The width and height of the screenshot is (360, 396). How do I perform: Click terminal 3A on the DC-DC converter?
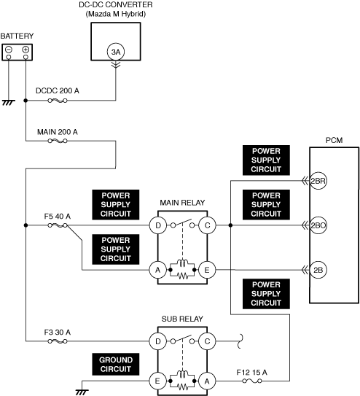coord(116,52)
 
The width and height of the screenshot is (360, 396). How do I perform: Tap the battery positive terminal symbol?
coord(26,50)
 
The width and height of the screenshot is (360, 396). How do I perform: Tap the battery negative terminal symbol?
coord(9,50)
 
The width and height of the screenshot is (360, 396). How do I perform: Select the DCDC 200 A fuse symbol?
coord(58,101)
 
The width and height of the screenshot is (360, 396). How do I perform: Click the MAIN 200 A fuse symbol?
coord(58,141)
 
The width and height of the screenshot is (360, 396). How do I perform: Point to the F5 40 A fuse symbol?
coord(58,225)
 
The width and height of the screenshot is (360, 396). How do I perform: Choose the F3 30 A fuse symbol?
coord(58,341)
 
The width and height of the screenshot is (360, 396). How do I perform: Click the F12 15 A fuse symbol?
coord(252,381)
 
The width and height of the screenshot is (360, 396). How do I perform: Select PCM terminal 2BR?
coord(318,181)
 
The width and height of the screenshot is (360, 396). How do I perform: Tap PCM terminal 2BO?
coord(318,225)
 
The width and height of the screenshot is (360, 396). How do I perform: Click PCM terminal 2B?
coord(318,270)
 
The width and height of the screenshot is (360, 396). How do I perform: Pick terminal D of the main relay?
coord(158,225)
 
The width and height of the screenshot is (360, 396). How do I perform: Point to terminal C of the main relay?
coord(208,225)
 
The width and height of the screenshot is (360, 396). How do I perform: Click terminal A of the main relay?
coord(158,270)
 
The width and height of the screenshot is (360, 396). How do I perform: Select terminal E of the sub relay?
coord(158,381)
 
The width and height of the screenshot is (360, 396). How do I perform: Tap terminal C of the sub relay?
coord(208,341)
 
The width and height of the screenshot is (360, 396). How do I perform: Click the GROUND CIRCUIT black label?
coord(116,364)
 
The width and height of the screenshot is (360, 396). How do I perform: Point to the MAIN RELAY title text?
coord(182,203)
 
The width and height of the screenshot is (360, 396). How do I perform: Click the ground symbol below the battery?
coord(9,103)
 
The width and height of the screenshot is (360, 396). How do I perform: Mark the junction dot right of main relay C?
coord(230,225)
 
